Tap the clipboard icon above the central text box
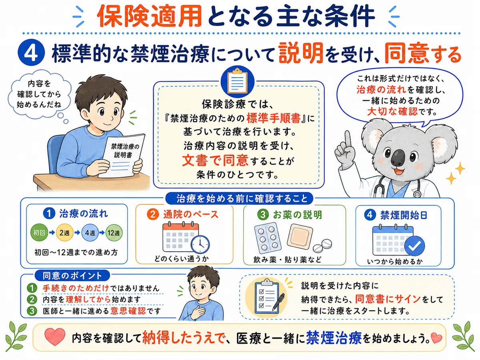(x=238, y=81)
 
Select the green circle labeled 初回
(x=39, y=232)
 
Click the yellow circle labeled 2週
(x=64, y=232)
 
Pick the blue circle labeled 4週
(x=90, y=233)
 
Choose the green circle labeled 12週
(x=114, y=233)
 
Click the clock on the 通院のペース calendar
(x=200, y=244)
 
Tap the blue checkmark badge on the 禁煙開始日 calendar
(x=414, y=246)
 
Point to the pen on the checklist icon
(x=278, y=302)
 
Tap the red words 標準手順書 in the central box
(x=273, y=118)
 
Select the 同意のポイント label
(x=72, y=276)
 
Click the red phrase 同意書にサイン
(x=388, y=299)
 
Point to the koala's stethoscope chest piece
(x=416, y=194)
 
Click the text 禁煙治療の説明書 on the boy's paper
(x=124, y=151)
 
